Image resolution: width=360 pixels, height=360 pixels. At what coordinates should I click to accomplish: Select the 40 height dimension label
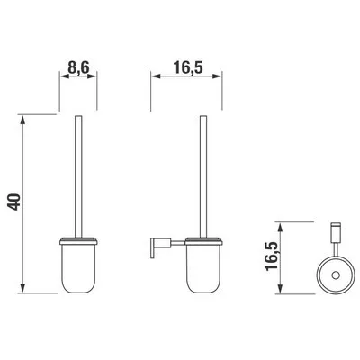[x=13, y=203]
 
